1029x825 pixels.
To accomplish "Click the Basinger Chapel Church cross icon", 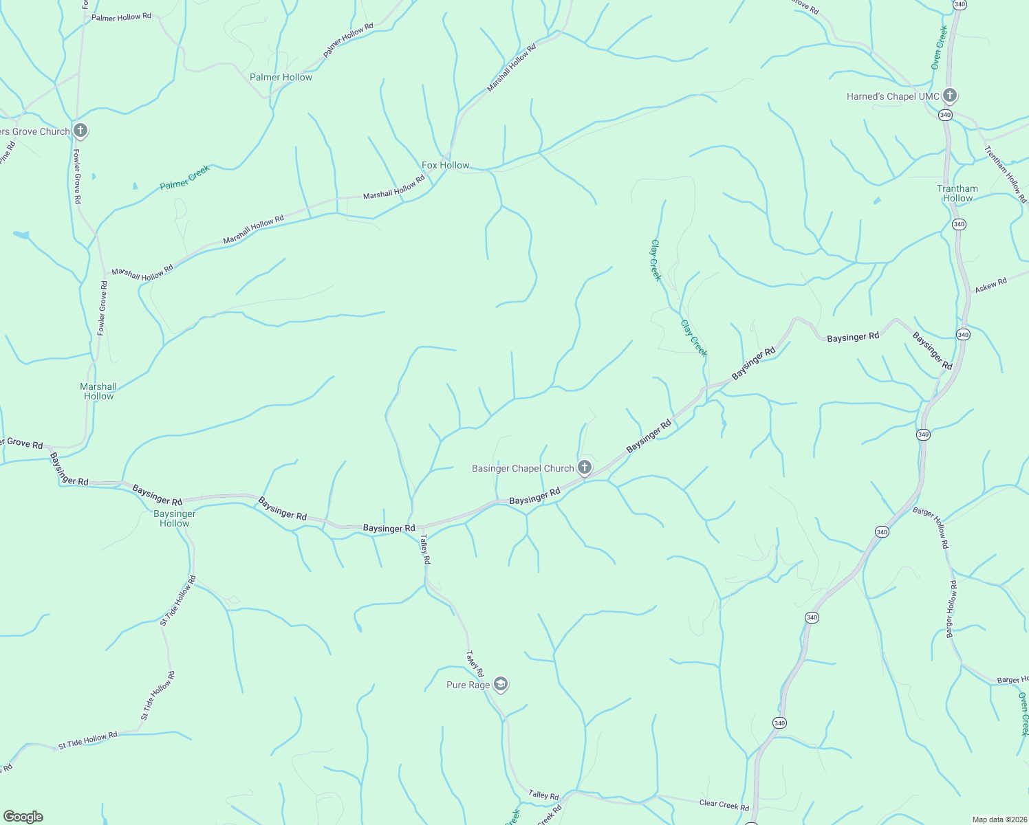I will (584, 468).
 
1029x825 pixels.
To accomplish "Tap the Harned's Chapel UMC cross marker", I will (950, 96).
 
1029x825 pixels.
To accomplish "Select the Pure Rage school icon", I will (501, 684).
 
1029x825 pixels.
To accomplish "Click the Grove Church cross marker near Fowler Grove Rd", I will (80, 131).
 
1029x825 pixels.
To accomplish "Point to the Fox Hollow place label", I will (445, 165).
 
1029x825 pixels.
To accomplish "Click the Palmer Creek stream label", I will (184, 177).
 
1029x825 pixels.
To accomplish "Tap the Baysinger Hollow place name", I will (175, 518).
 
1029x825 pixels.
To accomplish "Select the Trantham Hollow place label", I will (957, 193).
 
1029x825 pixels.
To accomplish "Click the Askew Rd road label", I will (990, 285).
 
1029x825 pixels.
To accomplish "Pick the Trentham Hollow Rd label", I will (1005, 174).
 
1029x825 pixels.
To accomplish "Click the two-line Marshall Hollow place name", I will (98, 391).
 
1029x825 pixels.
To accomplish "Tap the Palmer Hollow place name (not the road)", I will (281, 77).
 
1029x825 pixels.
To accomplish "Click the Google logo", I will (23, 816).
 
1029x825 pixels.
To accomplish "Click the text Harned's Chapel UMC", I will (893, 96).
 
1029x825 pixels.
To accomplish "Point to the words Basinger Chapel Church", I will (523, 468).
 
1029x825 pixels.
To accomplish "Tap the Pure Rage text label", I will (468, 685).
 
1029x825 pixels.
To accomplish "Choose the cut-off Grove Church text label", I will (34, 131).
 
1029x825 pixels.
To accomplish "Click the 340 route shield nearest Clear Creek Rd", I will (779, 723).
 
